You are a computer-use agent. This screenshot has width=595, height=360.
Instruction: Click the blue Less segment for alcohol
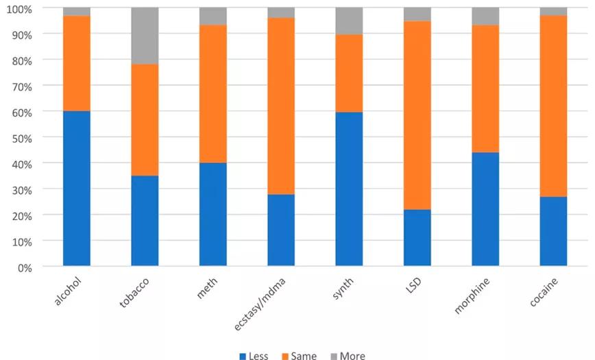point(77,189)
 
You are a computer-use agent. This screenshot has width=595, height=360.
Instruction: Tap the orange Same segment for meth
point(212,94)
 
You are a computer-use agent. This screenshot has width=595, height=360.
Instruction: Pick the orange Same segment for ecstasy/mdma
point(281,106)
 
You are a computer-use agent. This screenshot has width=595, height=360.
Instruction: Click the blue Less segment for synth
point(349,189)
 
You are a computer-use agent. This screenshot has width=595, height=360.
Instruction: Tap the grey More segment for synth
point(349,21)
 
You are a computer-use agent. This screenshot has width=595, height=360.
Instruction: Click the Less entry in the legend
point(253,356)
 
